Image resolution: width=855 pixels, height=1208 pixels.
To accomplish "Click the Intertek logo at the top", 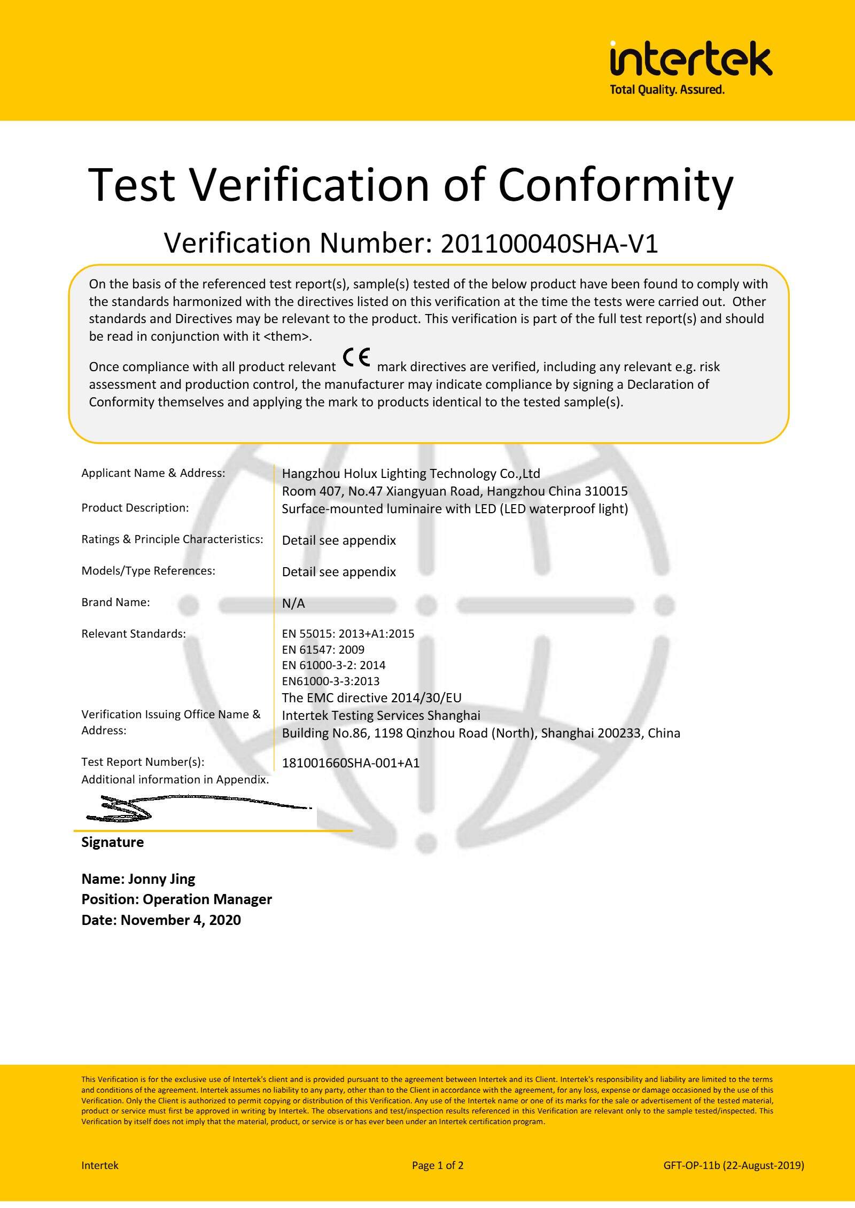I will tap(690, 58).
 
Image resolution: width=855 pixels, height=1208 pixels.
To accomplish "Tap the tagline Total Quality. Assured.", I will tap(667, 90).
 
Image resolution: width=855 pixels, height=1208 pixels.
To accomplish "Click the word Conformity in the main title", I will tap(616, 185).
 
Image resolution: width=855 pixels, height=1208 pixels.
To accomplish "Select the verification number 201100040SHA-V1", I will tap(549, 244).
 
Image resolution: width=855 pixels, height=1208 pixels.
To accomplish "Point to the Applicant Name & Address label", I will tap(153, 473).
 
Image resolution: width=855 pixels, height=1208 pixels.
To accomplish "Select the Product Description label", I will tap(135, 508).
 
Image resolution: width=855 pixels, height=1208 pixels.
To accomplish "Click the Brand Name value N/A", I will tap(293, 603).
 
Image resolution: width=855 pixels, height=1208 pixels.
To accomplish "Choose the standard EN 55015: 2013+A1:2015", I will tap(348, 634).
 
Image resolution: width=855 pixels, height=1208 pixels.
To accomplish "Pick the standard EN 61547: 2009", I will tap(323, 650).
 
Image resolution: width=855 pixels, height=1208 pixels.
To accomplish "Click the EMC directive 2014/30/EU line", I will tap(371, 698).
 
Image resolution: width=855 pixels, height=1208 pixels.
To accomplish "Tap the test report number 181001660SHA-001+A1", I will tap(351, 763).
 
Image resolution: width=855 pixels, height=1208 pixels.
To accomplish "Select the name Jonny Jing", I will tap(161, 879).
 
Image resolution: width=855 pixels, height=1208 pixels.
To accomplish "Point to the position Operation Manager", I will tap(207, 899).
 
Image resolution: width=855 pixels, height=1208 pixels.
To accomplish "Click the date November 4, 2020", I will tap(181, 920).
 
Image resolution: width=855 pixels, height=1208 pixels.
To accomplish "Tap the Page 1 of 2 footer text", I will tap(437, 1165).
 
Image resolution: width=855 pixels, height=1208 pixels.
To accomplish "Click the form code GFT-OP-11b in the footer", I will tap(691, 1165).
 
